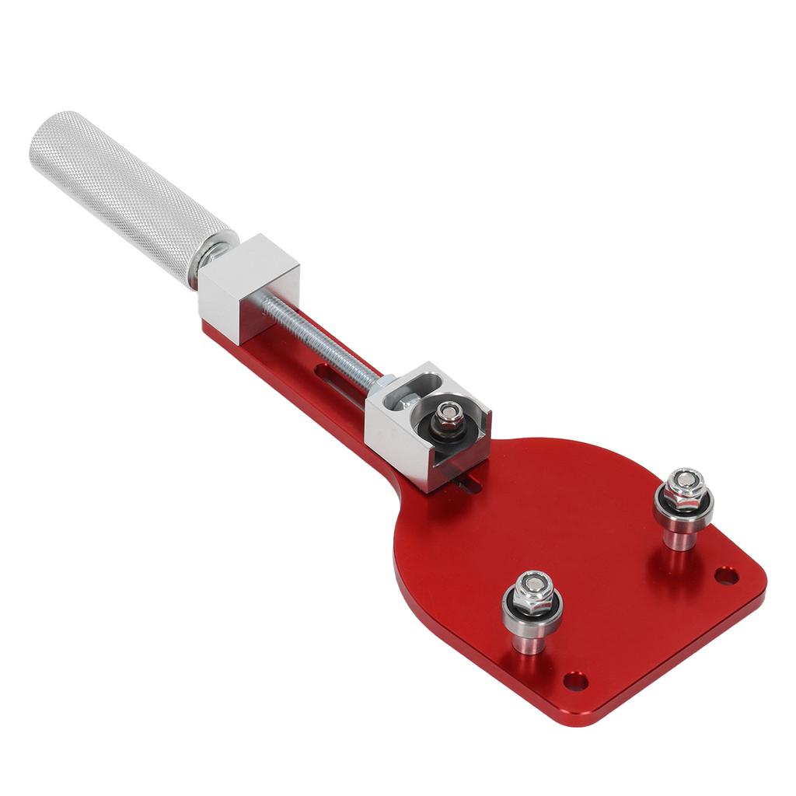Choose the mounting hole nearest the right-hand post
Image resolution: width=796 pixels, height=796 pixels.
(x=726, y=576)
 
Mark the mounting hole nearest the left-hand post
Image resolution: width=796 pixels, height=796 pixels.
(x=575, y=682)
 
